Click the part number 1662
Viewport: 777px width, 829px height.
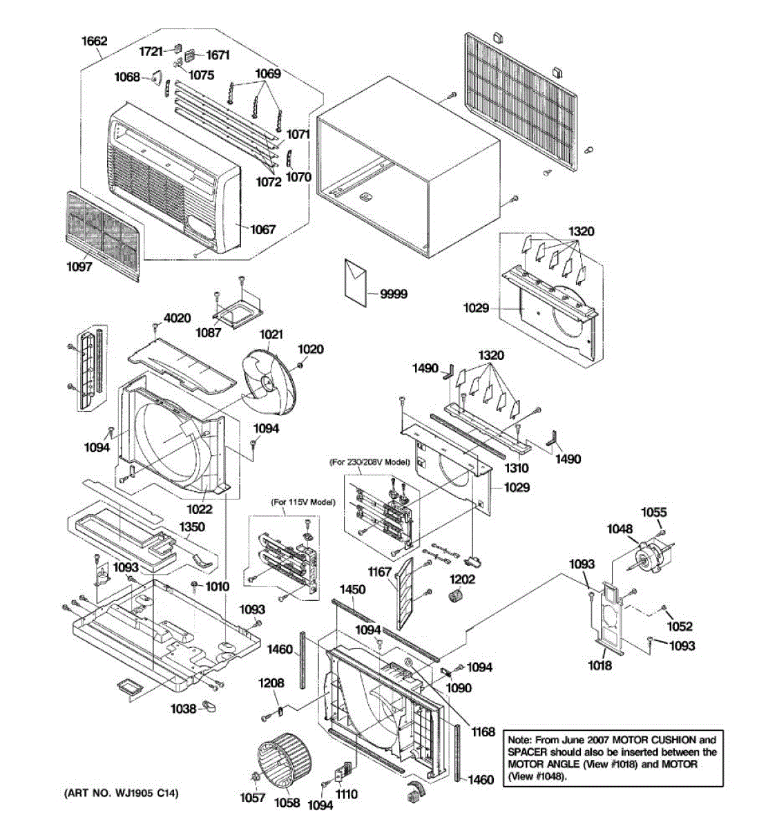point(95,41)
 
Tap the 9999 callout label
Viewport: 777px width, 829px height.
point(393,294)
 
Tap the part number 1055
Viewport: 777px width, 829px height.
point(654,512)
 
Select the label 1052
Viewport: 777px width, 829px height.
point(680,626)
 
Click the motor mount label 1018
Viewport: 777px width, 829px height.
point(599,665)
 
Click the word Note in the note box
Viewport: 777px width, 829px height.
point(520,740)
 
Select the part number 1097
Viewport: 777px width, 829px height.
point(79,267)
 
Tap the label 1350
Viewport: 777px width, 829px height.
point(192,527)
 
